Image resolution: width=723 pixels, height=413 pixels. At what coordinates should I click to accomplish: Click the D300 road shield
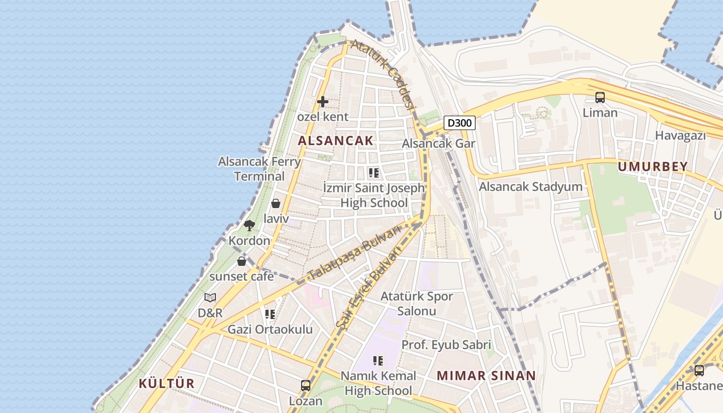(x=460, y=123)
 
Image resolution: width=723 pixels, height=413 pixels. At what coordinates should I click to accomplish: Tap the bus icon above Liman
(x=600, y=97)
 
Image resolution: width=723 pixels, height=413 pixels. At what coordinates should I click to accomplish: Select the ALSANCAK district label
(x=335, y=140)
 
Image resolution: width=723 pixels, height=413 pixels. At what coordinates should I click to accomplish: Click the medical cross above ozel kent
(x=323, y=102)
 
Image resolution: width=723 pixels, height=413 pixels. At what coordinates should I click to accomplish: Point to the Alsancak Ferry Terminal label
(x=259, y=169)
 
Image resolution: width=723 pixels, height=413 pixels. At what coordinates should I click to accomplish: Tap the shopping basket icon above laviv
(x=276, y=203)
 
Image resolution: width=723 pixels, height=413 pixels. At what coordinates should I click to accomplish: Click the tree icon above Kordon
(x=249, y=226)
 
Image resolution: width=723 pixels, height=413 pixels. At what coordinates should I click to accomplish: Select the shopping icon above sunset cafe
(x=242, y=261)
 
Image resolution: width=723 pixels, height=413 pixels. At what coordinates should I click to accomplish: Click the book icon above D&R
(x=210, y=297)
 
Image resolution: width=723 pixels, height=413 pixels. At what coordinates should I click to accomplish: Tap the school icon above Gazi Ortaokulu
(x=270, y=314)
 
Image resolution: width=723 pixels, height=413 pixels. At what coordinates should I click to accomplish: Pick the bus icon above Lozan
(x=306, y=386)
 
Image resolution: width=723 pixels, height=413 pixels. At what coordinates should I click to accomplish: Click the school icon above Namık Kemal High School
(x=378, y=360)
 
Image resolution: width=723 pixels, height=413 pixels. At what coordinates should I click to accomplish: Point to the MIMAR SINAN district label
(x=486, y=376)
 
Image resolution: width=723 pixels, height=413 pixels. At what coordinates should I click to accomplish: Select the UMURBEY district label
(x=653, y=166)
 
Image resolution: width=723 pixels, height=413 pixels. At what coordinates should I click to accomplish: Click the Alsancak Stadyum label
(x=530, y=187)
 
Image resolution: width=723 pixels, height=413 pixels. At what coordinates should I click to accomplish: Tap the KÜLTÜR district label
(x=167, y=384)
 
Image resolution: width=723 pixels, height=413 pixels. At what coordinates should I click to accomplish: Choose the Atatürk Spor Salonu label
(x=416, y=304)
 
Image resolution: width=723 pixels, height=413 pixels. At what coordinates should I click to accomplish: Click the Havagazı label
(x=680, y=136)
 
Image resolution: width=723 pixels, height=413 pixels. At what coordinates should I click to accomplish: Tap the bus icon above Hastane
(x=699, y=370)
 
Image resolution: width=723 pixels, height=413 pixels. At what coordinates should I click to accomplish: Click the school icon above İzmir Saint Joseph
(x=374, y=173)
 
